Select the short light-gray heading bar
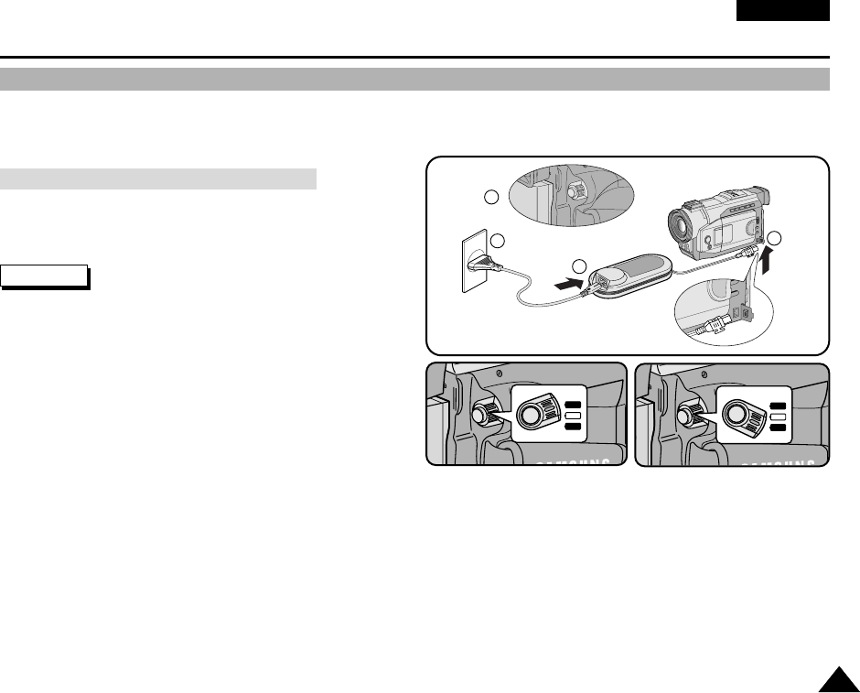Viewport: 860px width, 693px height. tap(158, 178)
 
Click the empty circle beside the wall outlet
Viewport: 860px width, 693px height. tap(498, 241)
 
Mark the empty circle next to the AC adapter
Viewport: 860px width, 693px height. tap(578, 266)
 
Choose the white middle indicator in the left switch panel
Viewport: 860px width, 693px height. tap(574, 416)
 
